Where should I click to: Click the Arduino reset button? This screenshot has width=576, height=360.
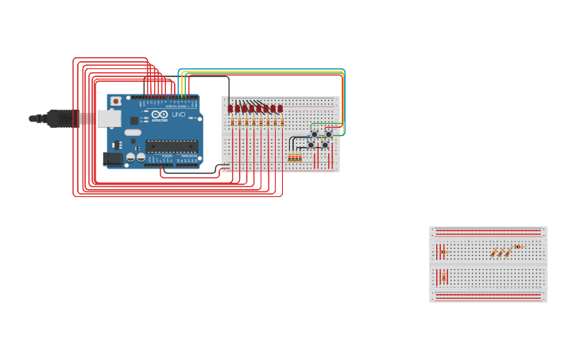(x=116, y=101)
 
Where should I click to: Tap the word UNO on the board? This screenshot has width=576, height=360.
(x=178, y=115)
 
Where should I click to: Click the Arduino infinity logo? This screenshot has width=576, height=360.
(x=159, y=115)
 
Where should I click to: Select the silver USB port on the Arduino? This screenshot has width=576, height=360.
(x=109, y=118)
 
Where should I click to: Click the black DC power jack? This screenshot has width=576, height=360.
(x=112, y=158)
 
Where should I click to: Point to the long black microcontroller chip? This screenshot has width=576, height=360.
(x=172, y=146)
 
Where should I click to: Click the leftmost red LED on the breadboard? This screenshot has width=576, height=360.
(x=230, y=108)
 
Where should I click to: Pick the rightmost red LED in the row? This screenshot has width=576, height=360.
(x=280, y=108)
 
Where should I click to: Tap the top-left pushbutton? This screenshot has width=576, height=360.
(x=314, y=134)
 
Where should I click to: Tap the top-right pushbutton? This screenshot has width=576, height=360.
(x=328, y=134)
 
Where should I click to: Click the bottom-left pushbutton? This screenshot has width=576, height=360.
(x=311, y=145)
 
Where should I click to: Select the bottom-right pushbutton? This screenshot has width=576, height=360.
(x=325, y=145)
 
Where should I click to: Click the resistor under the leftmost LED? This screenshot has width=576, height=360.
(x=232, y=122)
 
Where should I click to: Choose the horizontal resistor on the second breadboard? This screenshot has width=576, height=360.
(x=518, y=246)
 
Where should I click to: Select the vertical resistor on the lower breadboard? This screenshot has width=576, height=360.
(x=443, y=277)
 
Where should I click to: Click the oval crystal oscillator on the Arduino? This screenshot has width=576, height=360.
(x=132, y=133)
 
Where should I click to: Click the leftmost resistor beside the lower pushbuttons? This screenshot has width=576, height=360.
(x=290, y=157)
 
